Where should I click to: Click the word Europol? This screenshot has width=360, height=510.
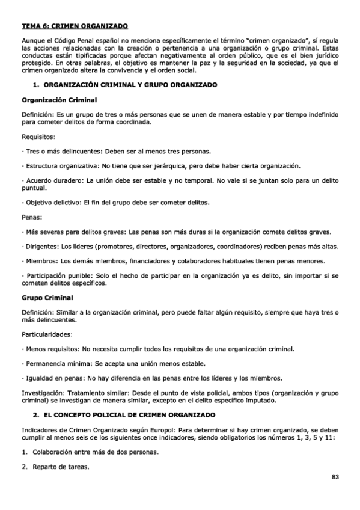point(167,430)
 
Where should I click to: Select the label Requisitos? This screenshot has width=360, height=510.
point(38,137)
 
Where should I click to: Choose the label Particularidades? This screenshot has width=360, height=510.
point(47,333)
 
